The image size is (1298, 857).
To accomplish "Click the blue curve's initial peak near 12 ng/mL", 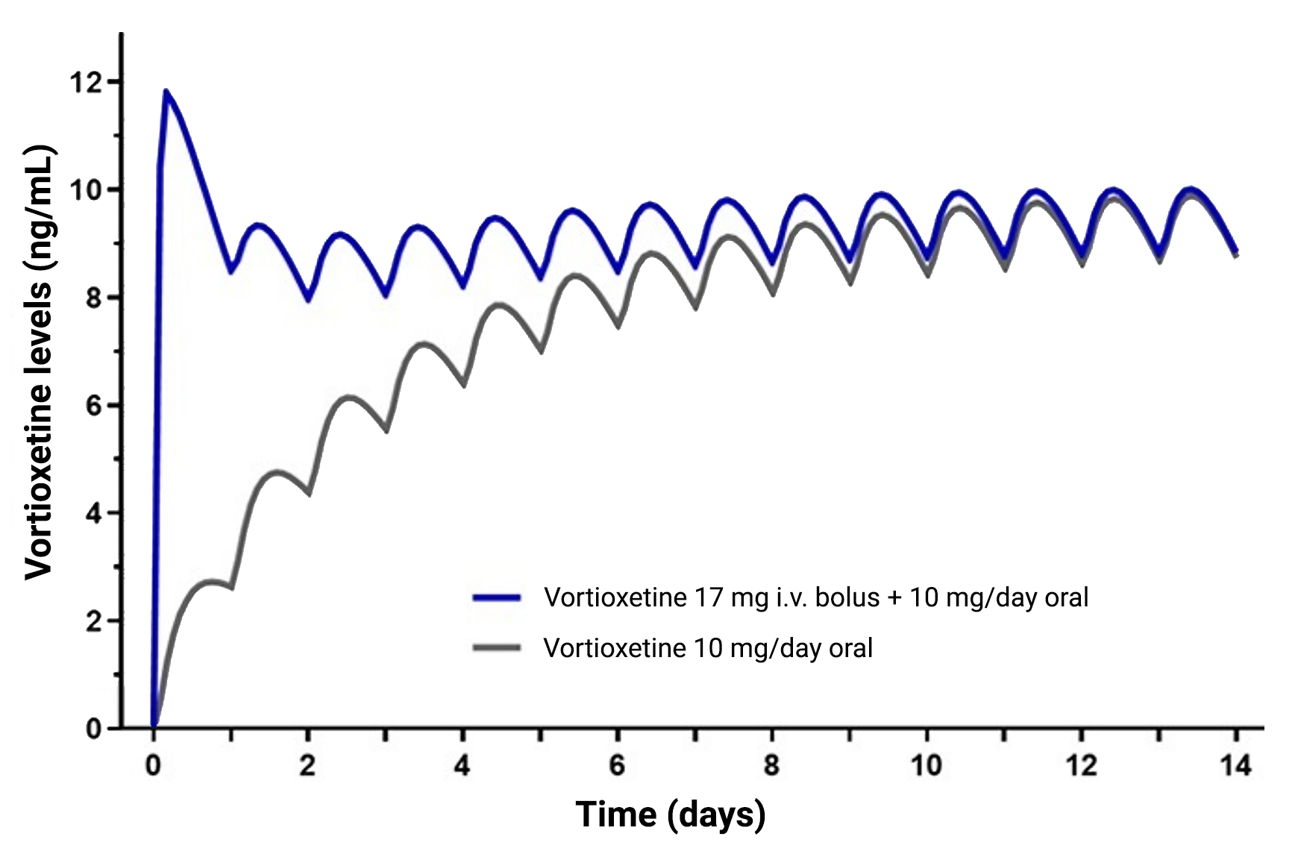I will pyautogui.click(x=166, y=92).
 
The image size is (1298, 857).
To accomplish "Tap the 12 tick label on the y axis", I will pyautogui.click(x=87, y=82).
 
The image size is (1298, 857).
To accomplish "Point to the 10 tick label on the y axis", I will pyautogui.click(x=87, y=189).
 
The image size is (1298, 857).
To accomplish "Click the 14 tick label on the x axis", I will pyautogui.click(x=1236, y=765).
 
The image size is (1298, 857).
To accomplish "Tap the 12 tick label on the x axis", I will pyautogui.click(x=1082, y=765).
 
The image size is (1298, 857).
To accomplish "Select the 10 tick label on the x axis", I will pyautogui.click(x=927, y=765).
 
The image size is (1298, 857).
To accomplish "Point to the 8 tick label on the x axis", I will pyautogui.click(x=772, y=765).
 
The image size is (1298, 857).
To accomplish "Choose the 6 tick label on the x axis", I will pyautogui.click(x=617, y=765).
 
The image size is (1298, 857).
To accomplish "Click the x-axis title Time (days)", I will pyautogui.click(x=670, y=814).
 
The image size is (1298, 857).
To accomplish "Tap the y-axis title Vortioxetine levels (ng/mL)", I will pyautogui.click(x=39, y=362).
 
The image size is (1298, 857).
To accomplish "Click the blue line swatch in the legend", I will pyautogui.click(x=497, y=597).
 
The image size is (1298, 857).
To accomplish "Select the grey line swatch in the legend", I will pyautogui.click(x=497, y=647).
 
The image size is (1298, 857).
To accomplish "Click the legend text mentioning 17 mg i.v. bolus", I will pyautogui.click(x=816, y=597).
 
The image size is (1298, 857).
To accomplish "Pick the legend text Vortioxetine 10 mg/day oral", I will pyautogui.click(x=708, y=648).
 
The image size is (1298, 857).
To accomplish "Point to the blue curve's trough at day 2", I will pyautogui.click(x=307, y=300).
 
